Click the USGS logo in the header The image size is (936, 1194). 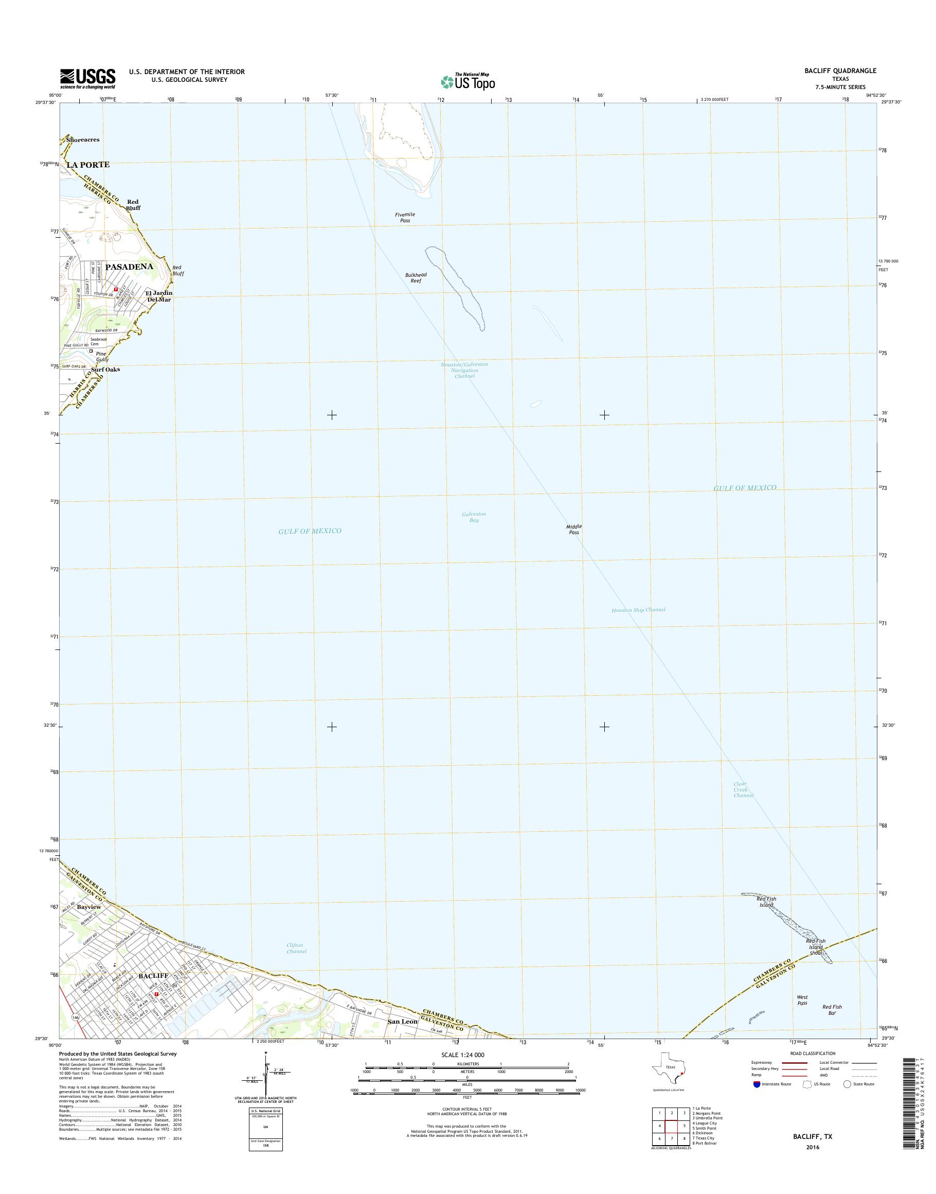pos(87,78)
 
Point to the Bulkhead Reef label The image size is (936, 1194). pos(416,277)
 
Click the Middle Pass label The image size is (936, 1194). pos(574,529)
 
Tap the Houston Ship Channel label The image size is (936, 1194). pos(638,610)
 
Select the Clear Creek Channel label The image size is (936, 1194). pos(743,790)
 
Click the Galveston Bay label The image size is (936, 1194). pos(474,517)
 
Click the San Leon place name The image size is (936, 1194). pos(403,1022)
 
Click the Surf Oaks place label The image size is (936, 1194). pos(105,370)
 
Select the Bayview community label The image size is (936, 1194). pos(89,907)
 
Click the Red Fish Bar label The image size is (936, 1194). pos(832,1010)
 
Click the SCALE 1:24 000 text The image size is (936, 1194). pos(462,1055)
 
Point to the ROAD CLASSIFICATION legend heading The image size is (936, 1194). pos(813,1053)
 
